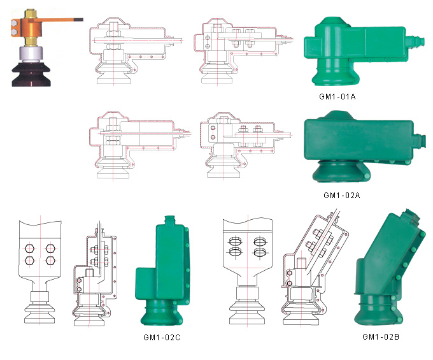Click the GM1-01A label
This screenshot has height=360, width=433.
tap(337, 97)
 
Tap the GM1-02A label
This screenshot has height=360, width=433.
tap(342, 196)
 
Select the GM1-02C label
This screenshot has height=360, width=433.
tap(162, 337)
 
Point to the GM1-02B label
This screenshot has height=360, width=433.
tap(381, 336)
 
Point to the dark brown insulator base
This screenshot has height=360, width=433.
tap(31, 75)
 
